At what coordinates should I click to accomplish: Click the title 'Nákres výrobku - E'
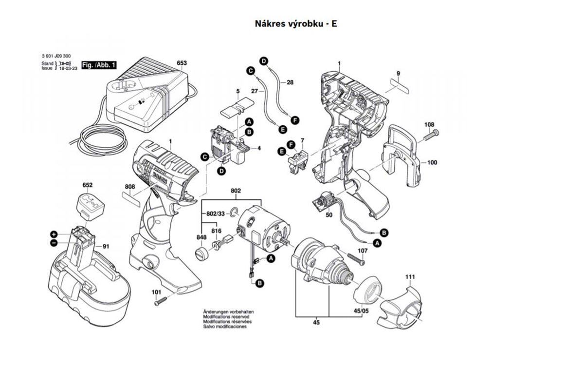[296, 23]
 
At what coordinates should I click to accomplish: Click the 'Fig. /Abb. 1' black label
[98, 65]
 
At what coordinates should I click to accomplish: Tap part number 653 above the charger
[182, 63]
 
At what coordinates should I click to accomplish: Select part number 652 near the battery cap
[88, 185]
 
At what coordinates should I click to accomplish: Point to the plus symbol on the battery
[54, 234]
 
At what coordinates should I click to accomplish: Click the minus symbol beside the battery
[54, 243]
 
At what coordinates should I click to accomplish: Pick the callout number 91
[106, 246]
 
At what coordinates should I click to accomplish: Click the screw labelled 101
[161, 302]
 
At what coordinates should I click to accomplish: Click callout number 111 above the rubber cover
[410, 277]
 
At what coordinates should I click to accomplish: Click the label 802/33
[216, 214]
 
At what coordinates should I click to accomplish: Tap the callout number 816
[216, 231]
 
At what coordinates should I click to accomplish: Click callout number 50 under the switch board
[329, 215]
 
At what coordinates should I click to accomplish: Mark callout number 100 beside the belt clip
[432, 162]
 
